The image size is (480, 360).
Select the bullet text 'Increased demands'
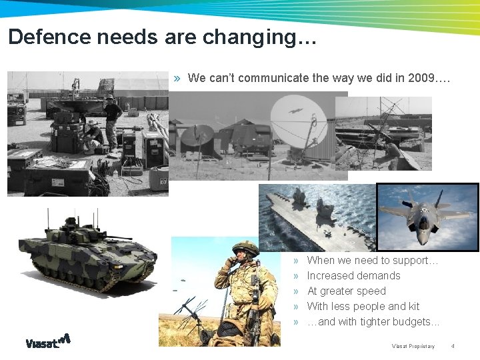tap(353, 275)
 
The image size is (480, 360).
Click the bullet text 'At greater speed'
tap(346, 291)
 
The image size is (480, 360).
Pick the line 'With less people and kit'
tap(363, 306)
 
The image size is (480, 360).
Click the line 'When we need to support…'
tap(372, 260)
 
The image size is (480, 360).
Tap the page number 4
tap(453, 346)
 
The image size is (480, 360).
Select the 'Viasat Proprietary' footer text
tap(413, 346)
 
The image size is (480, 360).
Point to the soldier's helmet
tap(245, 249)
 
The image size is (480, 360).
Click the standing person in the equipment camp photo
tap(112, 120)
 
